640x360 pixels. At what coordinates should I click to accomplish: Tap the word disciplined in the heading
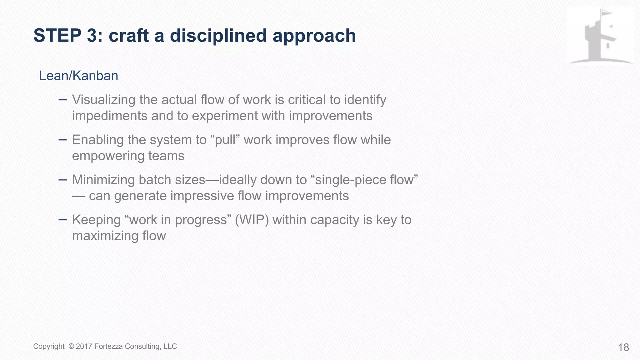[x=218, y=36]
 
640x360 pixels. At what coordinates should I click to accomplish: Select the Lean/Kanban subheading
[x=78, y=76]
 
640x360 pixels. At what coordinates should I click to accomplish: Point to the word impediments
[x=109, y=116]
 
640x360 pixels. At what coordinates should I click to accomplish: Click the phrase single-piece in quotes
[x=351, y=180]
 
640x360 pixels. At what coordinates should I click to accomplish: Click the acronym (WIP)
[x=252, y=220]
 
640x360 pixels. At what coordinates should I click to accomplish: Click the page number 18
[x=623, y=347]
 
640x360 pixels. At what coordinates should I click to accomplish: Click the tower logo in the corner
[x=600, y=37]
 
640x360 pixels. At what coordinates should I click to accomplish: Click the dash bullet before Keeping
[x=62, y=220]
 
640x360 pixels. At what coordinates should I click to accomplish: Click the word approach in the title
[x=314, y=36]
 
